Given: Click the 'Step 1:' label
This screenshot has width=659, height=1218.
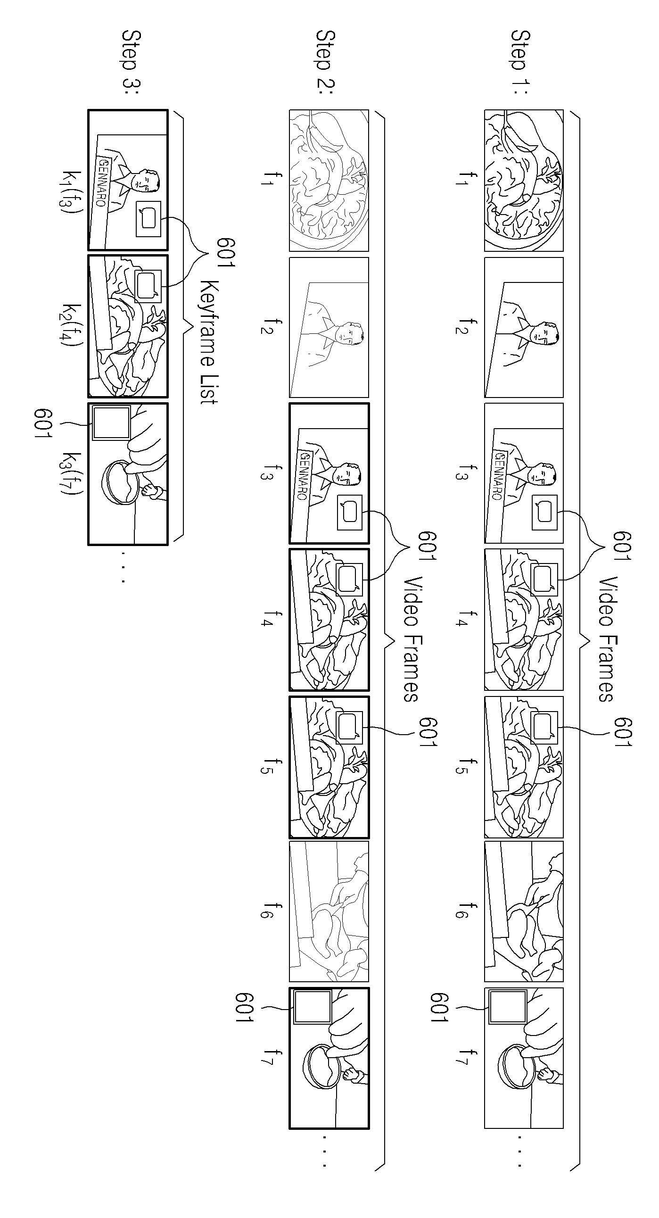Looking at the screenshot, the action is coord(520,58).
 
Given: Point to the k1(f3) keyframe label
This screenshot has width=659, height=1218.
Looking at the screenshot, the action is coord(72,192).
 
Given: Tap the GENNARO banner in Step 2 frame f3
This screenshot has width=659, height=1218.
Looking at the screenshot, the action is coord(305,476).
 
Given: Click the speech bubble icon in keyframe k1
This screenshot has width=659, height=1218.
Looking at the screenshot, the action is coord(148,219).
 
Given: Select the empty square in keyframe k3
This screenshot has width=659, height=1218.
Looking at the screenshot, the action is coord(111,423).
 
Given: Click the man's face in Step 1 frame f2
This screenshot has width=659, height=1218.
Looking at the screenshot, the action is coord(545,333).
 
